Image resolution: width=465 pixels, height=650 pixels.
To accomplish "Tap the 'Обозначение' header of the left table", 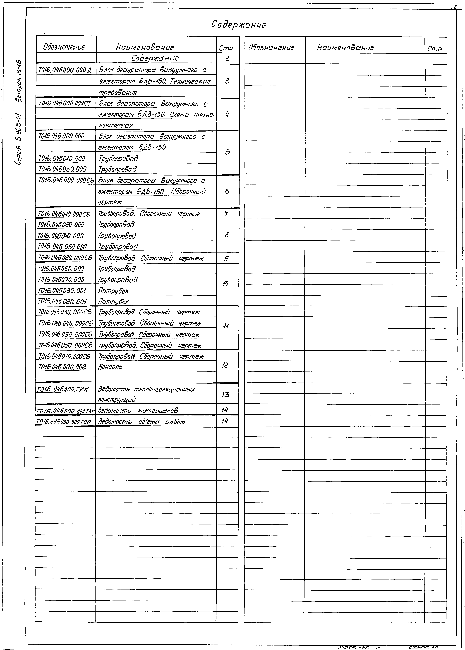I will (x=64, y=47).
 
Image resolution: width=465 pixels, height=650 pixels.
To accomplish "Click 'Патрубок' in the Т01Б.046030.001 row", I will (x=113, y=291).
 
